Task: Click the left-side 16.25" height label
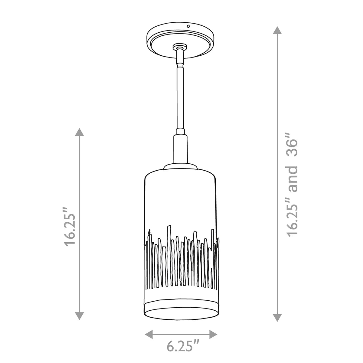click(70, 230)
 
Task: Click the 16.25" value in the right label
click(292, 218)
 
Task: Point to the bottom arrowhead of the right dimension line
click(277, 318)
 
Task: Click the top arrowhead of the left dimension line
click(80, 132)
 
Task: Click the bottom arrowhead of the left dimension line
click(80, 316)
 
